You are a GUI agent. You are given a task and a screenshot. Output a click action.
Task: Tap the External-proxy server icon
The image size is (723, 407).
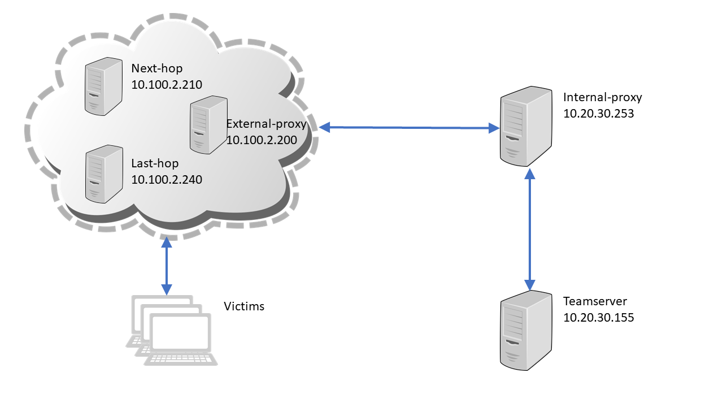208,125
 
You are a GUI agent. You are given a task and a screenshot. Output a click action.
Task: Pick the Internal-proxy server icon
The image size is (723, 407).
525,125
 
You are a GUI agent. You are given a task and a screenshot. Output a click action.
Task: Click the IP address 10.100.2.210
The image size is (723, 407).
167,85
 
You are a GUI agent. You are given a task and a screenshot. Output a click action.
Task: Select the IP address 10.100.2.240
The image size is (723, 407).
167,180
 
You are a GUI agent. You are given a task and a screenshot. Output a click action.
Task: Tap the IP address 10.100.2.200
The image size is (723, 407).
262,140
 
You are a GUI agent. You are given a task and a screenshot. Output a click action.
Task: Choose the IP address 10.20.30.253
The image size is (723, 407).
599,113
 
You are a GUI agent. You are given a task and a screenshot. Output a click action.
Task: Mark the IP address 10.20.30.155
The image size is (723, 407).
599,317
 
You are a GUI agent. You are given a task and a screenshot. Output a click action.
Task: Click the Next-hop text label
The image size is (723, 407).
154,68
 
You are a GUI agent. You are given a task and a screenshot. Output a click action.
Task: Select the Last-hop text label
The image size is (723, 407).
155,163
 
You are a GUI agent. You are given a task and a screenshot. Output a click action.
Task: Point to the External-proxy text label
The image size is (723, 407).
266,124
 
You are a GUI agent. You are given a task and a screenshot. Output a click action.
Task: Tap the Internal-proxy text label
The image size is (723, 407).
603,97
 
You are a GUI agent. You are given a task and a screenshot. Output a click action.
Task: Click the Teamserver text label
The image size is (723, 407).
595,301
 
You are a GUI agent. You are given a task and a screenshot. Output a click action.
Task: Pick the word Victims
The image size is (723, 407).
244,307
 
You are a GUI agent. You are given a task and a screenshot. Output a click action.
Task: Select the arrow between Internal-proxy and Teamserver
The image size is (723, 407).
530,229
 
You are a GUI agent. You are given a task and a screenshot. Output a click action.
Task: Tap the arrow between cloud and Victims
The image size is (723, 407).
166,266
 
